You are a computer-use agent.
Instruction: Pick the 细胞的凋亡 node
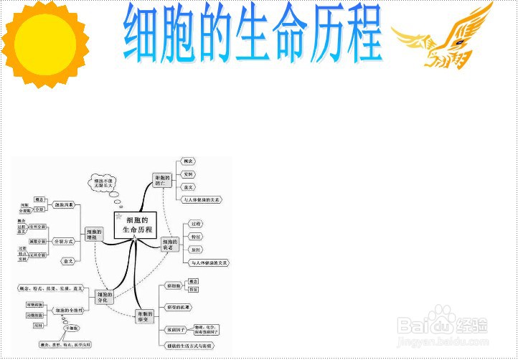pos(164,180)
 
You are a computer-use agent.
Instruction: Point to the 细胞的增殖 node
pos(95,235)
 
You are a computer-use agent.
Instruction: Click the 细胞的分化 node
pos(105,297)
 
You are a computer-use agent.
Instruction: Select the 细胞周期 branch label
pos(65,204)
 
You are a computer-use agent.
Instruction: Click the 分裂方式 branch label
pos(65,241)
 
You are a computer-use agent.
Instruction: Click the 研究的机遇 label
pos(178,307)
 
